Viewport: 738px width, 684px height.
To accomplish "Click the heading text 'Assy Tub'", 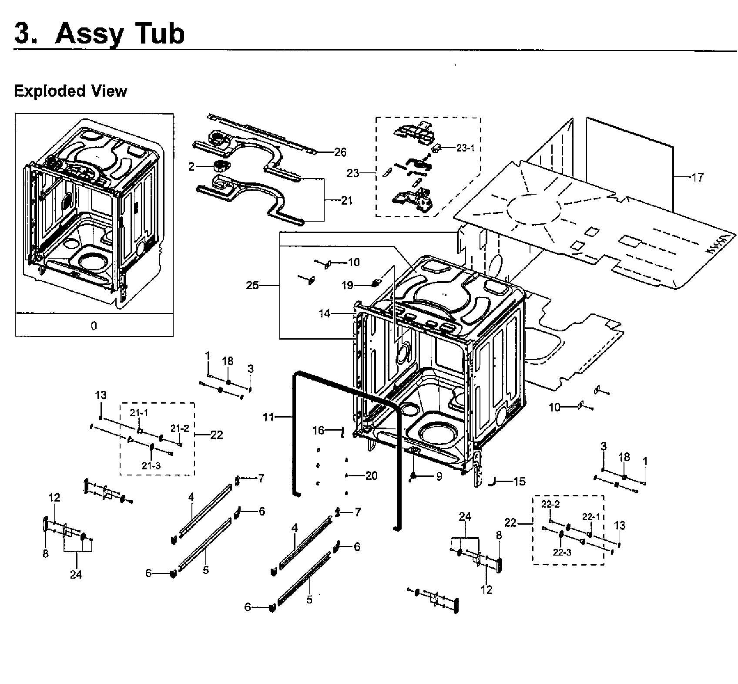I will click(120, 34).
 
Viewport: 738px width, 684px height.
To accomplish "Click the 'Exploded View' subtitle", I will click(70, 91).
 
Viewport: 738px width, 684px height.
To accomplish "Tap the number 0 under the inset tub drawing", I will click(94, 325).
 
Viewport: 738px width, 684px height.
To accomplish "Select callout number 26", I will click(340, 152).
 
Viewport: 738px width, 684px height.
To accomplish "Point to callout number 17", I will click(697, 177).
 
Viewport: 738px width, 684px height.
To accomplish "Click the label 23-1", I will click(465, 148).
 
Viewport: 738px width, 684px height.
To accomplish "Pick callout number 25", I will click(252, 285).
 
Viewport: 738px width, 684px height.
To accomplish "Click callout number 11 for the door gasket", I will click(268, 417).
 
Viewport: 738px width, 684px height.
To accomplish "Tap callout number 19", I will click(347, 286).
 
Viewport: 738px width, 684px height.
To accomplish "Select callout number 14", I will click(325, 313).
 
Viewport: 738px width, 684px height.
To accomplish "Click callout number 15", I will click(520, 481).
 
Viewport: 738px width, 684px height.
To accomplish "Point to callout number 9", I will click(439, 477).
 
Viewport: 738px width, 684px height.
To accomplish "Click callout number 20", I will click(371, 475).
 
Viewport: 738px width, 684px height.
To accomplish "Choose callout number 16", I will click(319, 430).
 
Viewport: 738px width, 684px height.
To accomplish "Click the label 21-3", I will click(151, 465).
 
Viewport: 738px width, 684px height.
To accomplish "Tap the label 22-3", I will click(562, 553).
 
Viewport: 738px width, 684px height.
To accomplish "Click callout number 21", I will click(347, 201).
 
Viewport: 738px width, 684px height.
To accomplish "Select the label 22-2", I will click(550, 504).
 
